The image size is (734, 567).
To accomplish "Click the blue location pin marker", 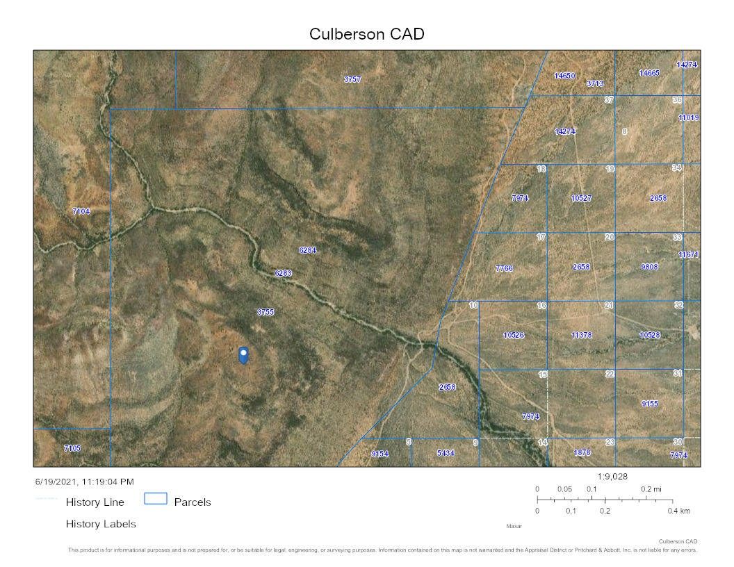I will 243,354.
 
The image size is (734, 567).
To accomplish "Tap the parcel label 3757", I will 352,80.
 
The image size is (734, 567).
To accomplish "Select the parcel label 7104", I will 81,211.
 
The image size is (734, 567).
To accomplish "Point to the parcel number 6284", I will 307,250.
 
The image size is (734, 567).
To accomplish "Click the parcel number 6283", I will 283,274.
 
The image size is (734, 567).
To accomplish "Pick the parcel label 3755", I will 266,313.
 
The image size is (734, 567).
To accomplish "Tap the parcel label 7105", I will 72,448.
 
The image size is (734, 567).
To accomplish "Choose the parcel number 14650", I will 564,76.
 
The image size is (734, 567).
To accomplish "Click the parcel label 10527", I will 581,199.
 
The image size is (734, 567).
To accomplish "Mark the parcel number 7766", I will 504,268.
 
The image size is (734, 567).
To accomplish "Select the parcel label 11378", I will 581,336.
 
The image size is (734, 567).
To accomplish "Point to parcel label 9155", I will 650,404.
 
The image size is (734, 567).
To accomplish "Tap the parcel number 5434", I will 446,453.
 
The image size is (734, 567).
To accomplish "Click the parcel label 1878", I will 582,453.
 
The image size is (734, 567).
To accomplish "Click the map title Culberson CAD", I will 366,34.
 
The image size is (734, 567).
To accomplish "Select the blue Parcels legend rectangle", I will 156,498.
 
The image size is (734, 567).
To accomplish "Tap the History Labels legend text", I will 101,524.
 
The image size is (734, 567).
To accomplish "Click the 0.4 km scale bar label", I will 680,511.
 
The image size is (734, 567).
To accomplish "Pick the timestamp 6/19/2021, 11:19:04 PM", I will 85,482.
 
